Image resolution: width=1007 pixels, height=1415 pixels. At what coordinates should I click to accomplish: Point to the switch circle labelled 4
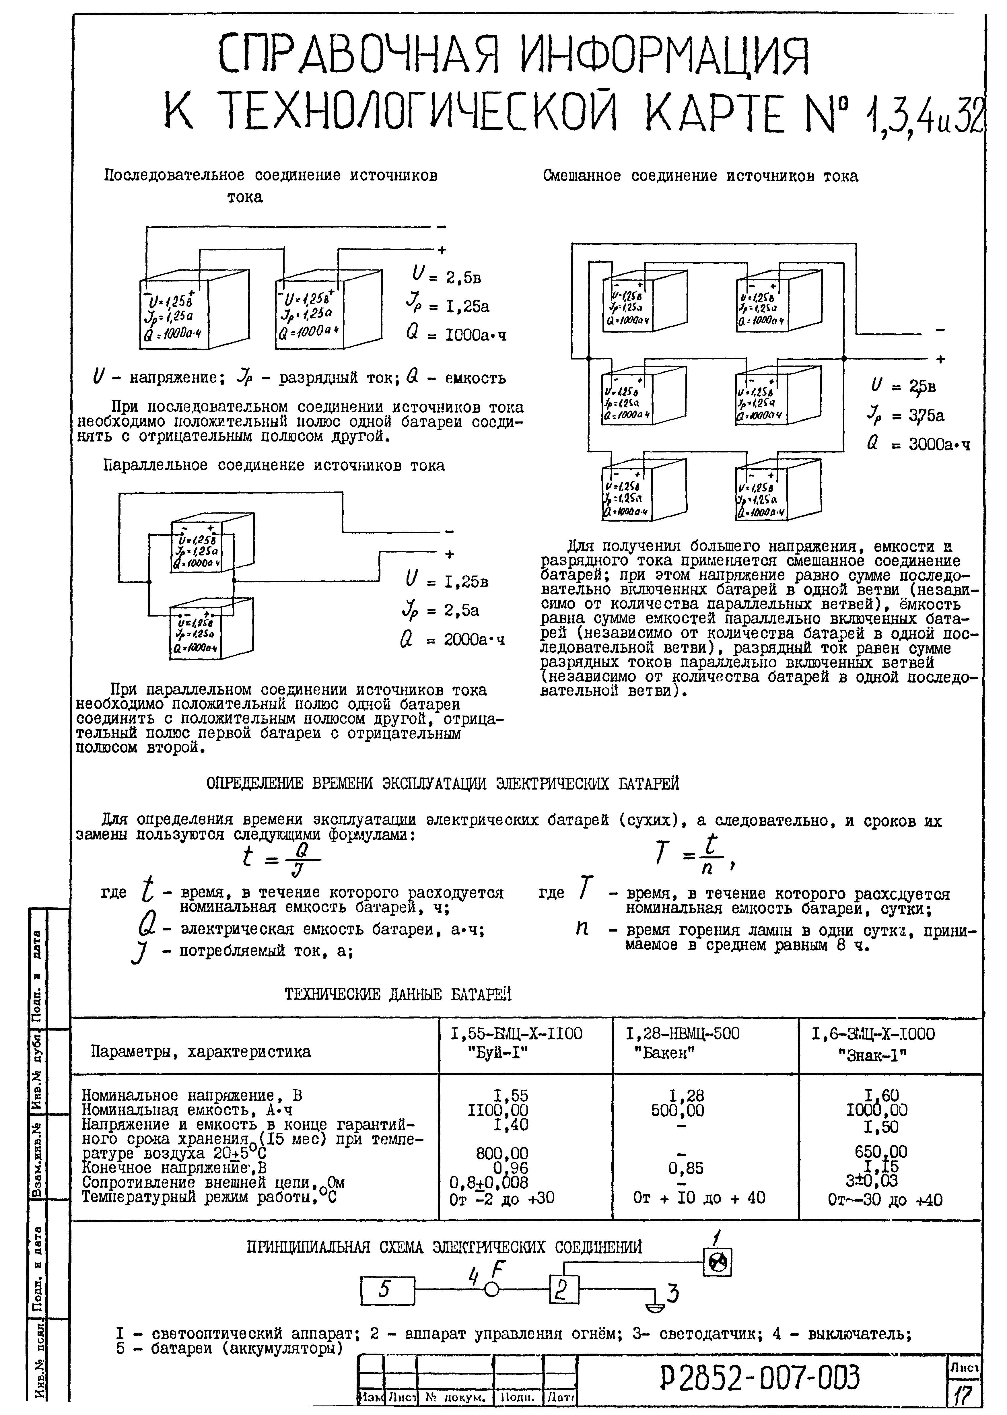492,1290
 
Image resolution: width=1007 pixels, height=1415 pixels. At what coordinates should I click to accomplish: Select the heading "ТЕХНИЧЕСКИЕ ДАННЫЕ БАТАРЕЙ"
398,995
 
